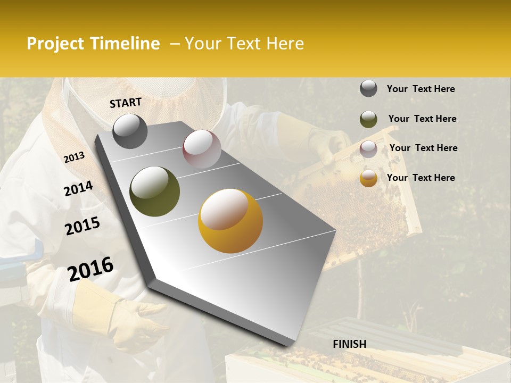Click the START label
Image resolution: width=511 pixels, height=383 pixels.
(126, 103)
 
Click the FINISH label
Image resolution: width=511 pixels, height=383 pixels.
(350, 344)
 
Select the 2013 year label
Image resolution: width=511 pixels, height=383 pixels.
(74, 157)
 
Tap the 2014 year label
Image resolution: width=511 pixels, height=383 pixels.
(78, 189)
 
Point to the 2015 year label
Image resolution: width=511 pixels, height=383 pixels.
(83, 226)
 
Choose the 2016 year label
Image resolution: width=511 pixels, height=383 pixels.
(90, 269)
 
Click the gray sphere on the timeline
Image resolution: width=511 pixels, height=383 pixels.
(130, 131)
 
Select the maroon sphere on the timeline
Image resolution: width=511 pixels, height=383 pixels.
(202, 149)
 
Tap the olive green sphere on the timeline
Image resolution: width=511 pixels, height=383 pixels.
(154, 191)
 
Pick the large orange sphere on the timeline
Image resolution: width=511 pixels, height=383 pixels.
(230, 221)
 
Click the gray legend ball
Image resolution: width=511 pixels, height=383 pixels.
(368, 89)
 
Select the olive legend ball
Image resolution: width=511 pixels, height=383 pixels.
(368, 119)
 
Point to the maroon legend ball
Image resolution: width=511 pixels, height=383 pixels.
(368, 149)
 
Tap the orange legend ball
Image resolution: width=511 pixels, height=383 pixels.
(368, 178)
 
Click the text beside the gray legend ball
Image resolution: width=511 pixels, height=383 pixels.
(421, 89)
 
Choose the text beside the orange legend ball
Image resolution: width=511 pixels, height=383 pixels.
(421, 178)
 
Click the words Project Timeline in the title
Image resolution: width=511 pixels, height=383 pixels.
(93, 44)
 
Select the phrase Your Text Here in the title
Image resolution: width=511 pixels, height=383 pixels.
(244, 44)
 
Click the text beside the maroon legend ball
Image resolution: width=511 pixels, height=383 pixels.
(423, 148)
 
